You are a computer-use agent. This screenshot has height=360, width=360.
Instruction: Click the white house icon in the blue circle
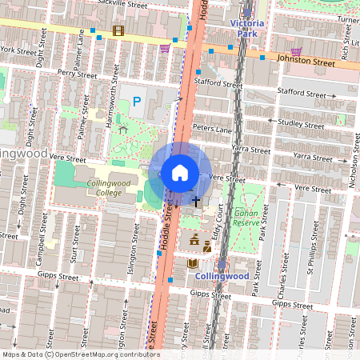(180, 172)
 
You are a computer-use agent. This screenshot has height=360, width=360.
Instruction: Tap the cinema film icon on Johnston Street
(119, 31)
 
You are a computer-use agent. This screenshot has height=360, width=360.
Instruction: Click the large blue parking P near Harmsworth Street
(136, 102)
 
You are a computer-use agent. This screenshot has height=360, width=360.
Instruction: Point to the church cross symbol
(195, 201)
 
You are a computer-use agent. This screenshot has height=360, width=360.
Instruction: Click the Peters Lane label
(212, 128)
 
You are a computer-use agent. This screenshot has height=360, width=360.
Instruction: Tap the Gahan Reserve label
(246, 217)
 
